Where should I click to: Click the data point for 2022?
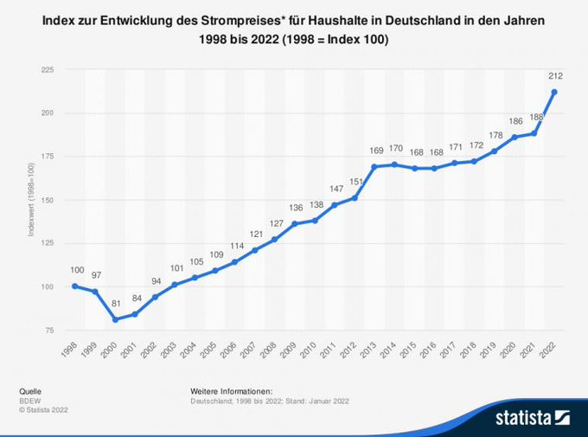[x=553, y=92]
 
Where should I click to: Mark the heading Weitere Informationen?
[x=231, y=392]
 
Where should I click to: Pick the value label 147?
[x=336, y=190]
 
